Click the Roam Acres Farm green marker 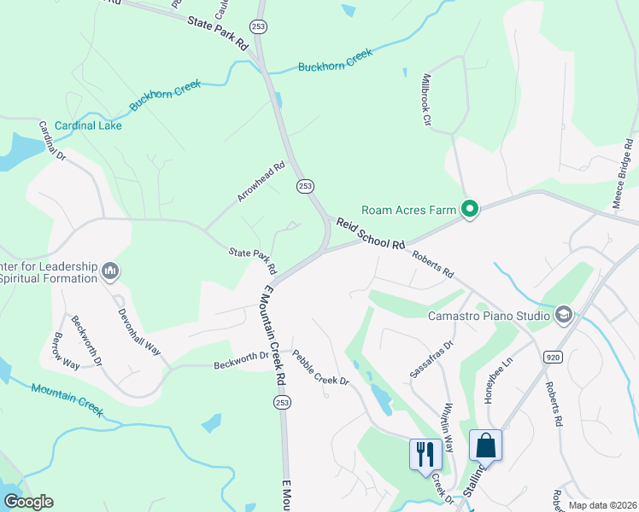pos(469,208)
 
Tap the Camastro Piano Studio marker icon pos(563,317)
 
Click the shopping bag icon pos(485,445)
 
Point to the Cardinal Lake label pos(88,125)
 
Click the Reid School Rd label pos(370,232)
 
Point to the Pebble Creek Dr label pos(321,368)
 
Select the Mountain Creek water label pos(67,400)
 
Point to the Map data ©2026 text pos(602,505)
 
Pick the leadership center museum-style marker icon pos(109,271)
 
